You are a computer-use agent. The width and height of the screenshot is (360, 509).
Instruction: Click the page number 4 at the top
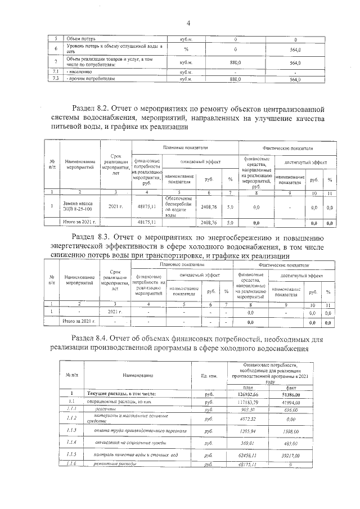(188, 23)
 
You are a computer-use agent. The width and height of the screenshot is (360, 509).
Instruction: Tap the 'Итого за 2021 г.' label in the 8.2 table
(80, 223)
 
